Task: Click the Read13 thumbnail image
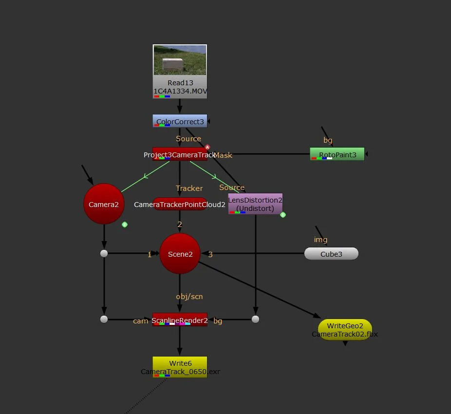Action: pyautogui.click(x=180, y=60)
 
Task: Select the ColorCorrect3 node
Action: pyautogui.click(x=180, y=121)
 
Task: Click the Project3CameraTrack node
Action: pyautogui.click(x=180, y=154)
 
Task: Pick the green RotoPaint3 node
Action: pyautogui.click(x=337, y=154)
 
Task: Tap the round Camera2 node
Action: pyautogui.click(x=104, y=204)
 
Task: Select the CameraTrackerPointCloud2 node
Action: pyautogui.click(x=180, y=205)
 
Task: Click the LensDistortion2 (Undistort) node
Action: pyautogui.click(x=255, y=204)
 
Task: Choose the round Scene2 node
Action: pyautogui.click(x=180, y=254)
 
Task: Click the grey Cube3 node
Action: pyautogui.click(x=331, y=254)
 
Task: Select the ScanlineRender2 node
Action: pyautogui.click(x=180, y=320)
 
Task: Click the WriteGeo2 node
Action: pyautogui.click(x=345, y=330)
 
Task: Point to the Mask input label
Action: pyautogui.click(x=223, y=155)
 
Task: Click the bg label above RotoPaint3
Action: pyautogui.click(x=328, y=140)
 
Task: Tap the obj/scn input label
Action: pyautogui.click(x=189, y=296)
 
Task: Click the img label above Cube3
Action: pyautogui.click(x=320, y=240)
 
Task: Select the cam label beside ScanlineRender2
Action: pyautogui.click(x=141, y=321)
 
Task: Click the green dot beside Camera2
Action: pyautogui.click(x=125, y=225)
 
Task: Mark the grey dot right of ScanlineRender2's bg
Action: pyautogui.click(x=255, y=320)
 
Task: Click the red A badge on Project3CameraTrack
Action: pyautogui.click(x=207, y=147)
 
